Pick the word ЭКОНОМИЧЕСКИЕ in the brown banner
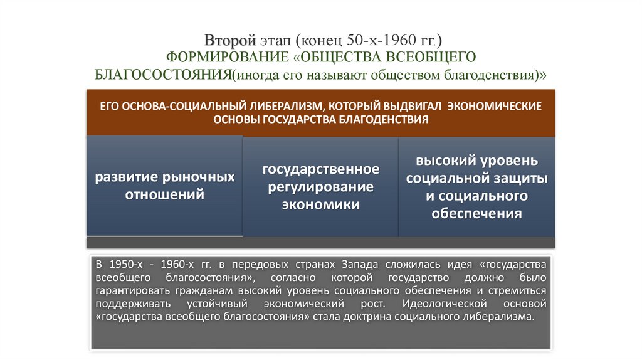[x=498, y=105]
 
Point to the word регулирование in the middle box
[x=320, y=187]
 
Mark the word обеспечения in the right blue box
[x=476, y=213]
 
